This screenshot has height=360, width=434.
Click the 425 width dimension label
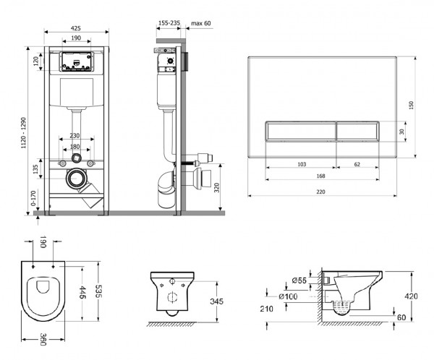[75, 28]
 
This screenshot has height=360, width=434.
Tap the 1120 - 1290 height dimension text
[24, 132]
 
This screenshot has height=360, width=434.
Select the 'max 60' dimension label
[201, 23]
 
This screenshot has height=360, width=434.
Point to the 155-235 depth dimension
[169, 23]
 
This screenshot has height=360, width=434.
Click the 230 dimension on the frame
[75, 136]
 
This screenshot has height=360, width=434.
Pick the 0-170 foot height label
[33, 198]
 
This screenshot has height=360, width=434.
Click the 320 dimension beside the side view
[217, 188]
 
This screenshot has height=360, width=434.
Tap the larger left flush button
[301, 132]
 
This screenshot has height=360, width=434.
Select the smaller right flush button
[357, 132]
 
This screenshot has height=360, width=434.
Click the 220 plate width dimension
[320, 192]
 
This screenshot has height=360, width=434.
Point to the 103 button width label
[302, 164]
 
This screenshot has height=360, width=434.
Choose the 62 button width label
[357, 164]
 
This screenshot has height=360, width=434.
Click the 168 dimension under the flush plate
[320, 176]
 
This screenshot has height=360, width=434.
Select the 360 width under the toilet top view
[43, 339]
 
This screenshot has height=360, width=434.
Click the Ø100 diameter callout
[288, 296]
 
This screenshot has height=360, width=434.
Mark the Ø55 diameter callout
[299, 280]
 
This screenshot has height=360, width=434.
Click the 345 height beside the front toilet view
[216, 301]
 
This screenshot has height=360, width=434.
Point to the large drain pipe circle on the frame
[75, 179]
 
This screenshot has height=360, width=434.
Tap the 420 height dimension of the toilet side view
[411, 296]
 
